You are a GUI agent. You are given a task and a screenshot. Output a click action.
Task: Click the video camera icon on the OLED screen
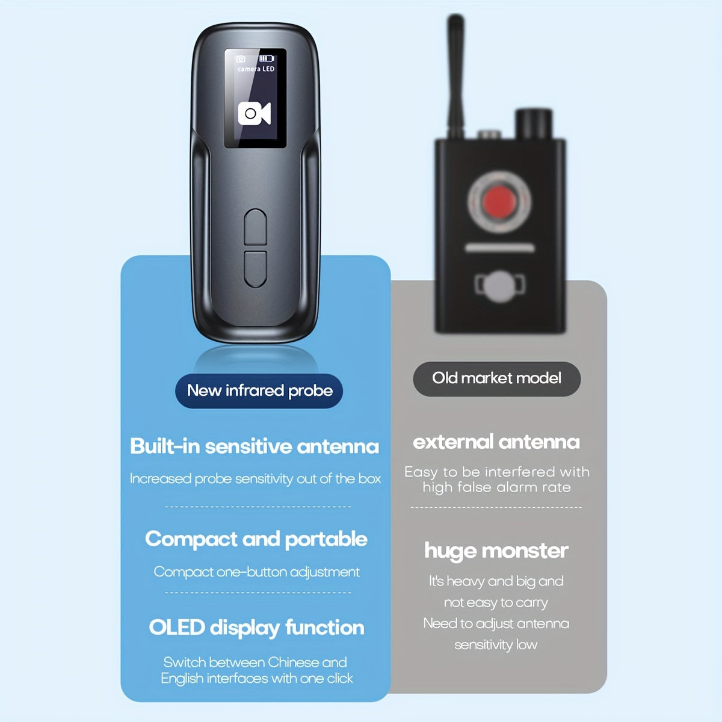coord(255,113)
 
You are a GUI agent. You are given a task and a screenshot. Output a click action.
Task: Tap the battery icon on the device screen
coord(267,58)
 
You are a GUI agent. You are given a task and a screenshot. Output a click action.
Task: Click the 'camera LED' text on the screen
coord(256,69)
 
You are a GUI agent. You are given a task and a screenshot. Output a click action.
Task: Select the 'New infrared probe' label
coord(259,391)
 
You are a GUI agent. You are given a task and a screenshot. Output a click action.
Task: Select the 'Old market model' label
coord(497,378)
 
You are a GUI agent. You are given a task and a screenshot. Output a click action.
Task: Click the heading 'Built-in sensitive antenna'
coord(255,446)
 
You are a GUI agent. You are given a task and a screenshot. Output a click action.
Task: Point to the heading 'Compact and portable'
coord(256,540)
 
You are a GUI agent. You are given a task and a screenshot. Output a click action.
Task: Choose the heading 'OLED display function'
coord(257,627)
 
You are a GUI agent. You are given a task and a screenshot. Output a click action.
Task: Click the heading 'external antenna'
coord(496,442)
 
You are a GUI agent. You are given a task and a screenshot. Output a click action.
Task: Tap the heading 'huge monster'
coord(496,551)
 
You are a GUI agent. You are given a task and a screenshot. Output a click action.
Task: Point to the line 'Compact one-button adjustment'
coord(257,572)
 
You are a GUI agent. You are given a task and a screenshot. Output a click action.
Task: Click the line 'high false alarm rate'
coord(497,487)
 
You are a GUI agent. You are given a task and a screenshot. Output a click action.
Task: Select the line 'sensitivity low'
coord(496,644)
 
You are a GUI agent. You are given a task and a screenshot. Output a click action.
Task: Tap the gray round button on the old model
coord(500,286)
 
